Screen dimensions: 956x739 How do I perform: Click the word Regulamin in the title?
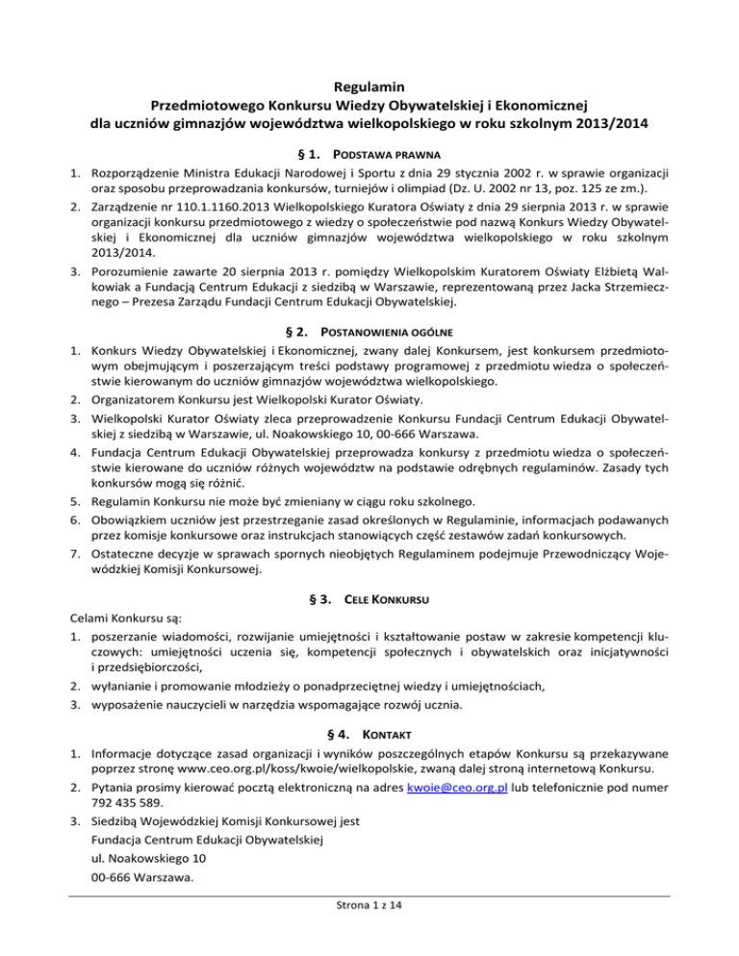coord(369,86)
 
